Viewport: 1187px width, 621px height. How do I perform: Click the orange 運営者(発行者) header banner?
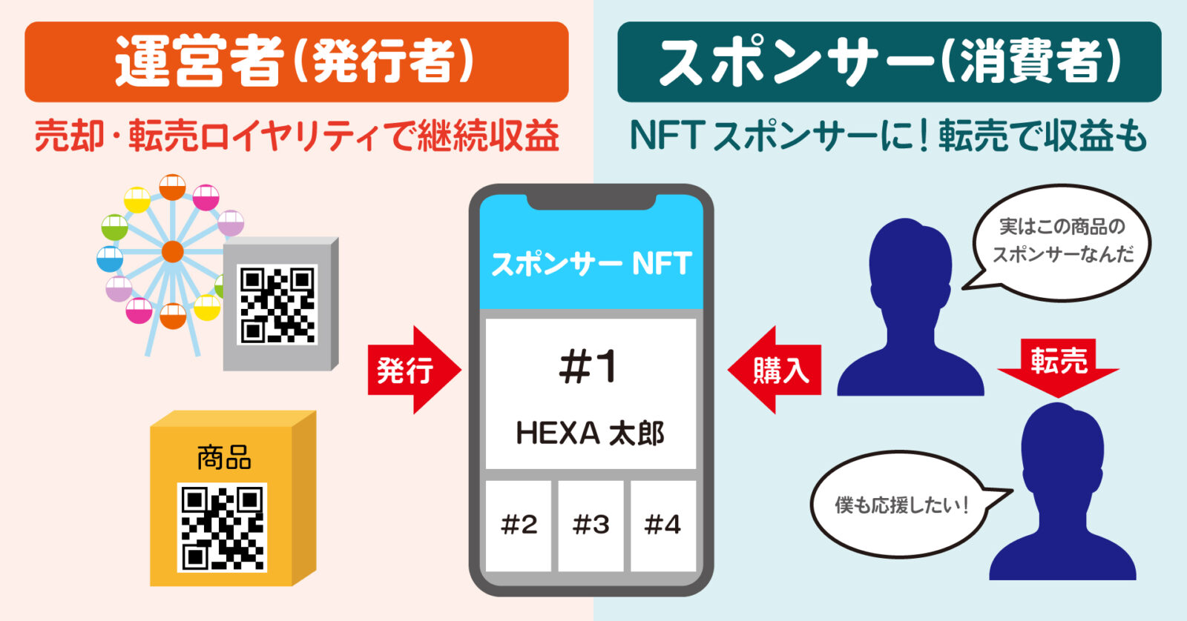click(296, 62)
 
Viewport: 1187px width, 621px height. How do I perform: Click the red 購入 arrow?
click(775, 369)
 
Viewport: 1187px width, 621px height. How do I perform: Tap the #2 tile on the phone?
click(519, 525)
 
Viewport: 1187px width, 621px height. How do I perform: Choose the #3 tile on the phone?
click(591, 525)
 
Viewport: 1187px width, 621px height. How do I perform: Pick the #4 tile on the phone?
click(662, 525)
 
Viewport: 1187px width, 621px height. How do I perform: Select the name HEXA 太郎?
click(591, 434)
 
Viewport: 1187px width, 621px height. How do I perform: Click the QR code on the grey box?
click(277, 304)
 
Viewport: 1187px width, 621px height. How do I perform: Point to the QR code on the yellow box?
click(222, 527)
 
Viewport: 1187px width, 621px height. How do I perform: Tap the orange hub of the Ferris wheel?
click(172, 252)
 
